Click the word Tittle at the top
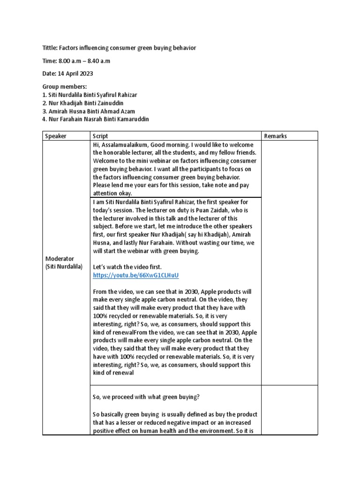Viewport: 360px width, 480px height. tap(50, 48)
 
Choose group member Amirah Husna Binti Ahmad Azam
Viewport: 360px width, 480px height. tap(91, 111)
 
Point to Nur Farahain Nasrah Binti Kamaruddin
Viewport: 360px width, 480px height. tap(98, 119)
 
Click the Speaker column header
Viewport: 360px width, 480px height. tap(56, 136)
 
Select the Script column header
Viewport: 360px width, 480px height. tap(100, 136)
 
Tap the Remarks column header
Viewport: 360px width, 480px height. tap(276, 136)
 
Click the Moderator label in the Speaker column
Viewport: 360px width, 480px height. tap(60, 259)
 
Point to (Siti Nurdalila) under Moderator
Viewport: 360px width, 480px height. tap(64, 267)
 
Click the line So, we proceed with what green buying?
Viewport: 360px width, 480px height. tap(146, 397)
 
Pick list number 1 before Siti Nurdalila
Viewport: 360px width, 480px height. tap(45, 95)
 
